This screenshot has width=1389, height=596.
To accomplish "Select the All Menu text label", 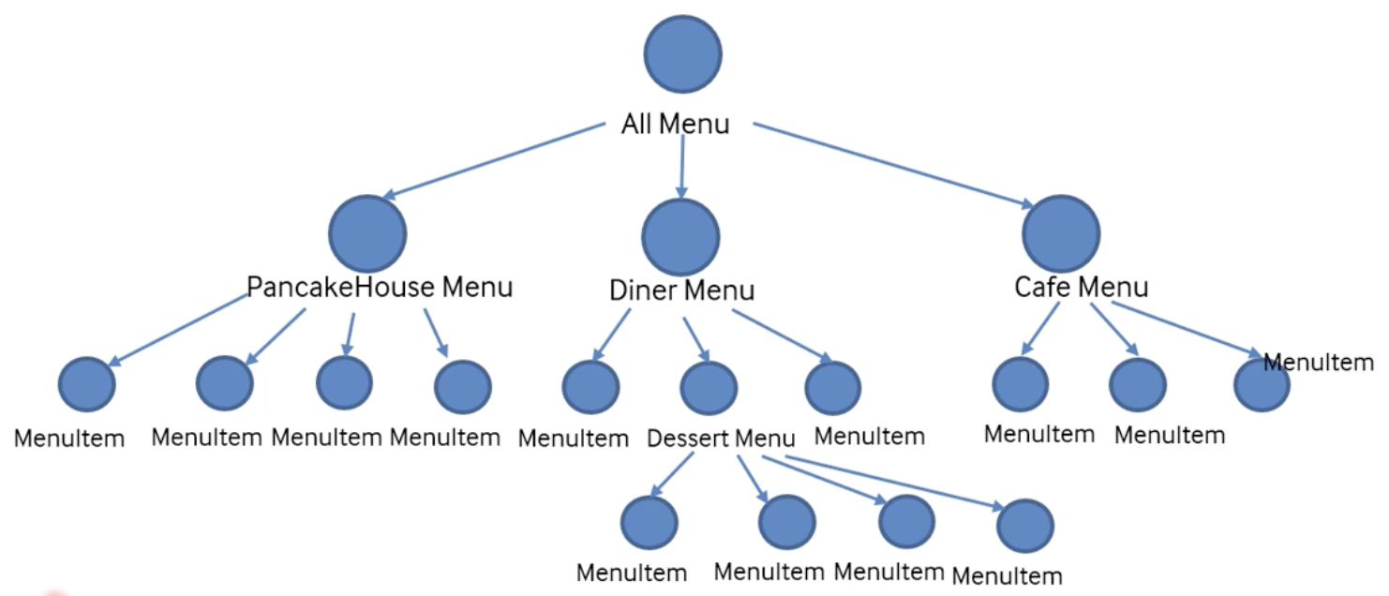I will coord(675,124).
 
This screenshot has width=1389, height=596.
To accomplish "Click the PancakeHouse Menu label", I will coord(380,287).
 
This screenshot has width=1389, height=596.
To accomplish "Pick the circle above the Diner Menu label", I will coord(681,236).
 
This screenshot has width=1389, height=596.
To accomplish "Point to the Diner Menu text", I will coord(681,291).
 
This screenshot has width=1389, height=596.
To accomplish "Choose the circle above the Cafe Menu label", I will coord(1061,235).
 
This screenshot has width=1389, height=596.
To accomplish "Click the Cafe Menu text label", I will coord(1082,287).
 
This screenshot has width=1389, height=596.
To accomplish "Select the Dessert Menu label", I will coord(721,438).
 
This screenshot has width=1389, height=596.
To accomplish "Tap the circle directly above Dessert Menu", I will coord(709,387).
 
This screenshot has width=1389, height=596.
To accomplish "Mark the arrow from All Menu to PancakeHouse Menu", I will coord(494,162).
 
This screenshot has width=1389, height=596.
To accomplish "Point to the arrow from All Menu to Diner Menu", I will coord(680,164).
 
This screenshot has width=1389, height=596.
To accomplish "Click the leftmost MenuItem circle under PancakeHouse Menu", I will coord(87,384).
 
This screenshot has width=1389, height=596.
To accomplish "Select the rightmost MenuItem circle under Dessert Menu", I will coord(1024,526).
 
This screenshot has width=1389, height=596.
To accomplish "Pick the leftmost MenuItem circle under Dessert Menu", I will coord(649,523).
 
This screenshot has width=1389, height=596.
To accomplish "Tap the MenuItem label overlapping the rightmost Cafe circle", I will coord(1319,362).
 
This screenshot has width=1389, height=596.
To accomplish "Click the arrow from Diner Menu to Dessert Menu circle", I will coord(694,339).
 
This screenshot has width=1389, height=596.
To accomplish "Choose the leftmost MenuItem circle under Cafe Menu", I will coord(1020,384).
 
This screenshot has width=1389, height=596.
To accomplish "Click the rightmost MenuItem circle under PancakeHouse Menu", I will coord(463,386).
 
